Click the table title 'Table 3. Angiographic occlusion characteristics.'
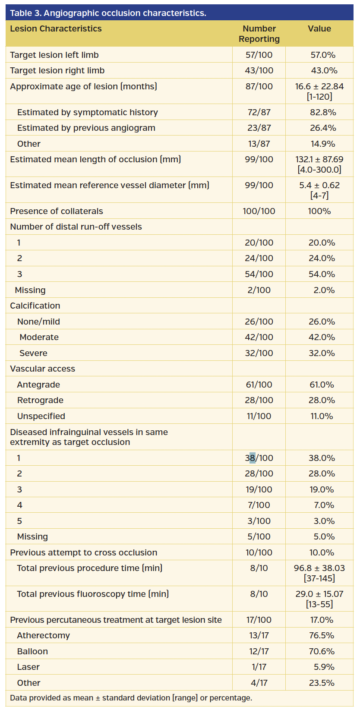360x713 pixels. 108,13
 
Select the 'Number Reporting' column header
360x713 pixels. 259,34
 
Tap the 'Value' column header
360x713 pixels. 319,28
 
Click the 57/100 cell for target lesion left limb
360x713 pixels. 259,55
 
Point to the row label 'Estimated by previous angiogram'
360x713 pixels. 86,128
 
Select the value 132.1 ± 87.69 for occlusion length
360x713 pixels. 319,159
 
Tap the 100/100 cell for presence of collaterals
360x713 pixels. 259,211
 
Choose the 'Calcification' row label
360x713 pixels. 35,306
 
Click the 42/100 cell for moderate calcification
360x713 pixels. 259,337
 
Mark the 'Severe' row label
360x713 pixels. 33,353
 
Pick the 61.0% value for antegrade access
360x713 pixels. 322,385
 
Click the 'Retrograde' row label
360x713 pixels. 40,400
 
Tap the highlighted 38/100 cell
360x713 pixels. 259,458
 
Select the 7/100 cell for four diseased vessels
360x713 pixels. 259,505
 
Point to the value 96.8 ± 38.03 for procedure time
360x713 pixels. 319,568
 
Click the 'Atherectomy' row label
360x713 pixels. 43,635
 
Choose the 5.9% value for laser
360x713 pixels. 324,667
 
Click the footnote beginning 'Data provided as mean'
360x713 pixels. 131,698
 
